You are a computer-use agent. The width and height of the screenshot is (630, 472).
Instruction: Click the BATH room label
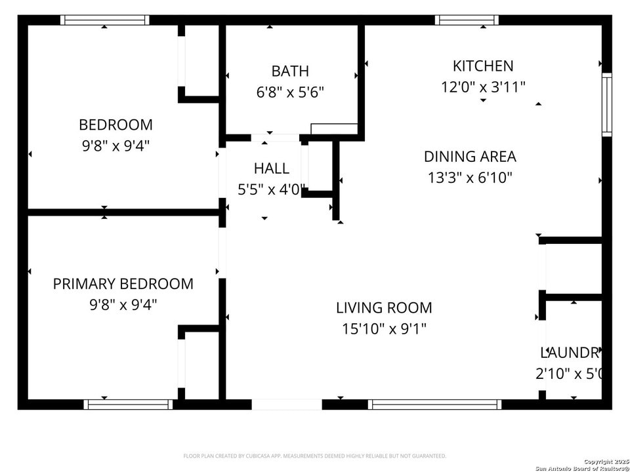[x=290, y=71]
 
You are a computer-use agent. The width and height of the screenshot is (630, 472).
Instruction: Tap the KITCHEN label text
[x=483, y=66]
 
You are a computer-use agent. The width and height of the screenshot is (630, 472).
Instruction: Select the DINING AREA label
[x=470, y=156]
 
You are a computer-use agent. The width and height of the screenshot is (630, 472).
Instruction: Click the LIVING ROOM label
[x=384, y=307]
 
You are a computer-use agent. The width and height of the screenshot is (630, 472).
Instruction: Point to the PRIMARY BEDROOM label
[x=123, y=284]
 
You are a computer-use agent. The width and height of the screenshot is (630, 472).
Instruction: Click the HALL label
[x=271, y=168]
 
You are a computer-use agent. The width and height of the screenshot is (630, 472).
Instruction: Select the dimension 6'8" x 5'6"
[x=290, y=92]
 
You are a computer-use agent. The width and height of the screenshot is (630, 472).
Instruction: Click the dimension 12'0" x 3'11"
[x=483, y=87]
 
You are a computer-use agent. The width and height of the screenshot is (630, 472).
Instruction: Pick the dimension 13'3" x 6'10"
[x=470, y=177]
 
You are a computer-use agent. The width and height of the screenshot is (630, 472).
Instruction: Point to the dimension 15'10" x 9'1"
[x=384, y=328]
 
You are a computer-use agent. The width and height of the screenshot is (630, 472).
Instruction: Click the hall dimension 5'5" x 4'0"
[x=271, y=189]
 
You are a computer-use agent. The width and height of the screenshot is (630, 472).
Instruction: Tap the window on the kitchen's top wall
[x=467, y=20]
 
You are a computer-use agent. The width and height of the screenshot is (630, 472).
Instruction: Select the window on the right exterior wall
[x=606, y=105]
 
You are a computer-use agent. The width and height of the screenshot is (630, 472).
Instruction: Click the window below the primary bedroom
[x=129, y=404]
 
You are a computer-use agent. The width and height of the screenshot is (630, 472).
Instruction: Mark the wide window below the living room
[x=434, y=404]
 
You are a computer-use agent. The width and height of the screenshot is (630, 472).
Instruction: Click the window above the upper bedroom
[x=105, y=20]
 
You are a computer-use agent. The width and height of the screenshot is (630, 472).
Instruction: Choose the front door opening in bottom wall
[x=287, y=404]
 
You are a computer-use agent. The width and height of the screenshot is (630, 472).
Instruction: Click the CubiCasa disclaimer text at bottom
[x=314, y=456]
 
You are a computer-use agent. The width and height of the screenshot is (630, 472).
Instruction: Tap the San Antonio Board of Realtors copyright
[x=582, y=465]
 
